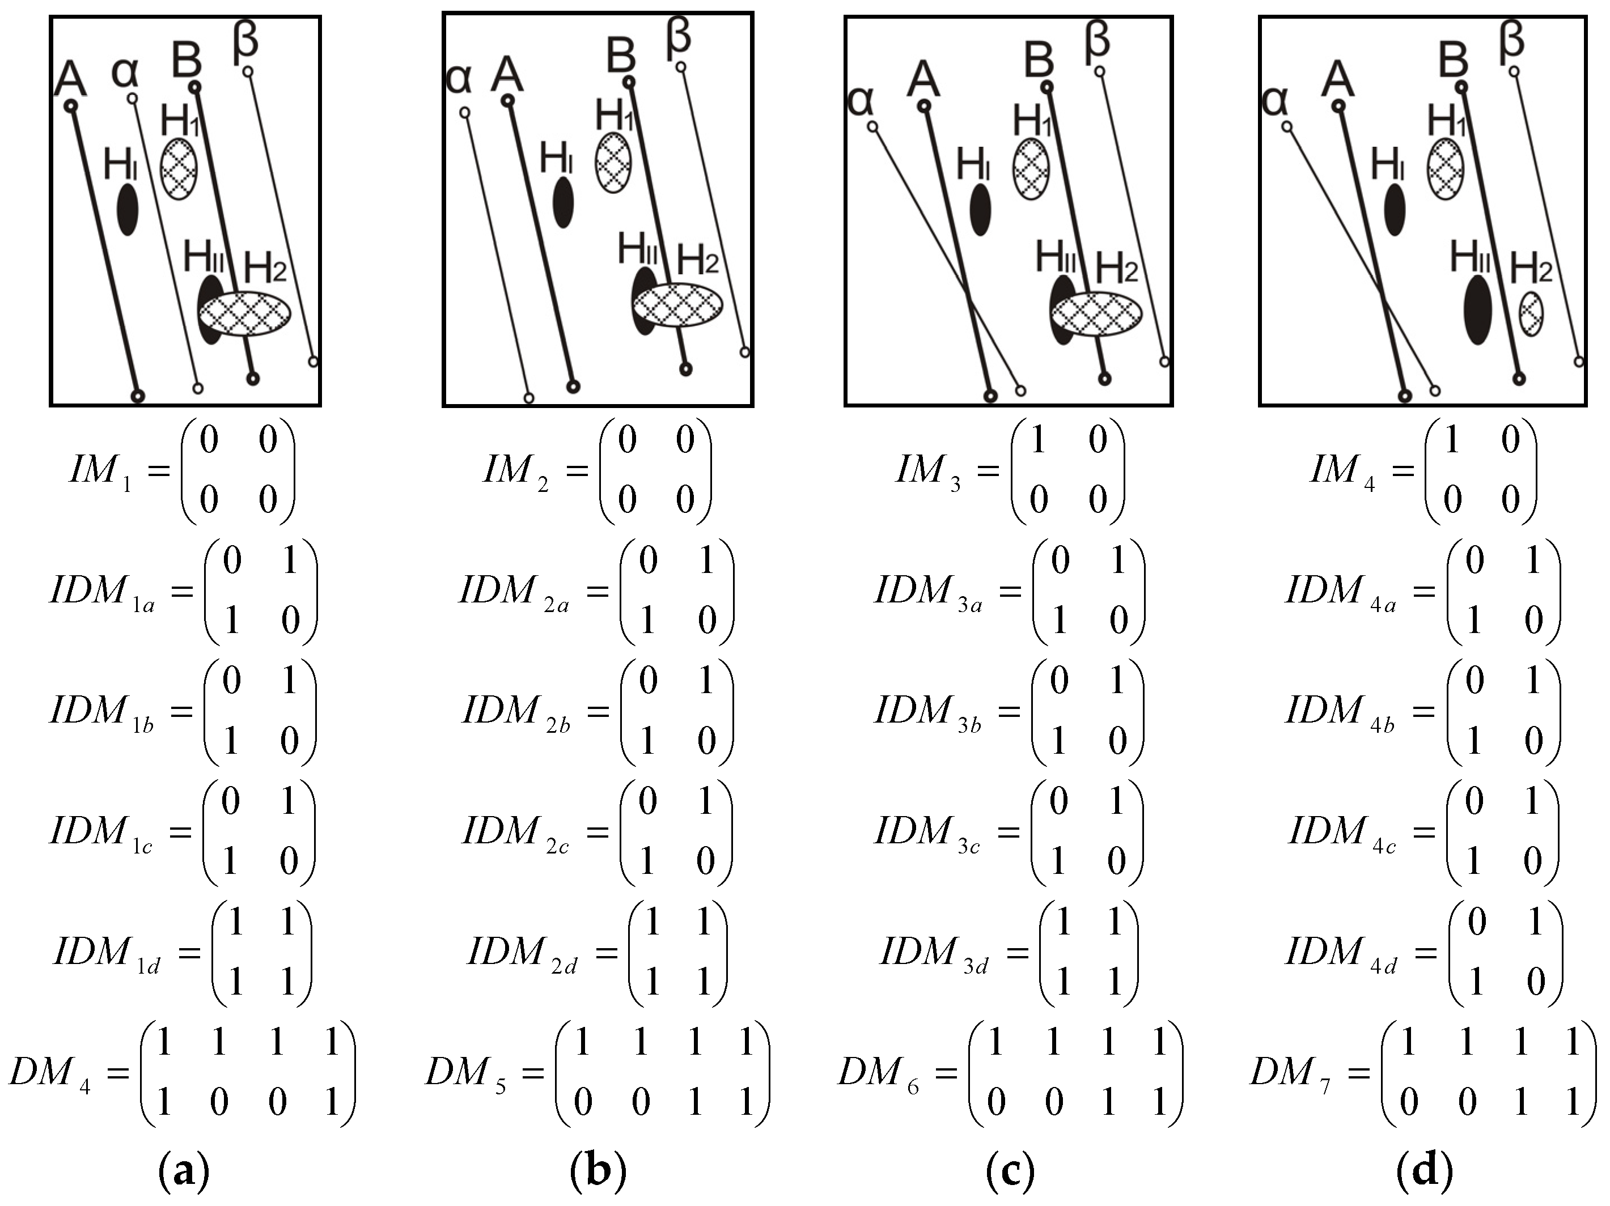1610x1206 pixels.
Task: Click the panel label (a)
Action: click(x=184, y=1171)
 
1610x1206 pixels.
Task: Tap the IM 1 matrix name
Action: click(x=101, y=471)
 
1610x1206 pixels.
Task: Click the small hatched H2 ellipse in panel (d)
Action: click(x=1531, y=314)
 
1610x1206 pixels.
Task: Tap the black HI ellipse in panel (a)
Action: click(x=128, y=209)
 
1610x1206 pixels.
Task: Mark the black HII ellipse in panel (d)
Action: click(x=1477, y=309)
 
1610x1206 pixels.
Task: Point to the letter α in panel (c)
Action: click(x=861, y=102)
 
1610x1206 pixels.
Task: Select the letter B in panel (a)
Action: click(x=187, y=60)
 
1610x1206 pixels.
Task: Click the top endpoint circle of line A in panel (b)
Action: click(x=508, y=100)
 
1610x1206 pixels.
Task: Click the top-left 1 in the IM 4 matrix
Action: click(x=1452, y=440)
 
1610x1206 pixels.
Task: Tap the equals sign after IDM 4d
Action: click(x=1426, y=953)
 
